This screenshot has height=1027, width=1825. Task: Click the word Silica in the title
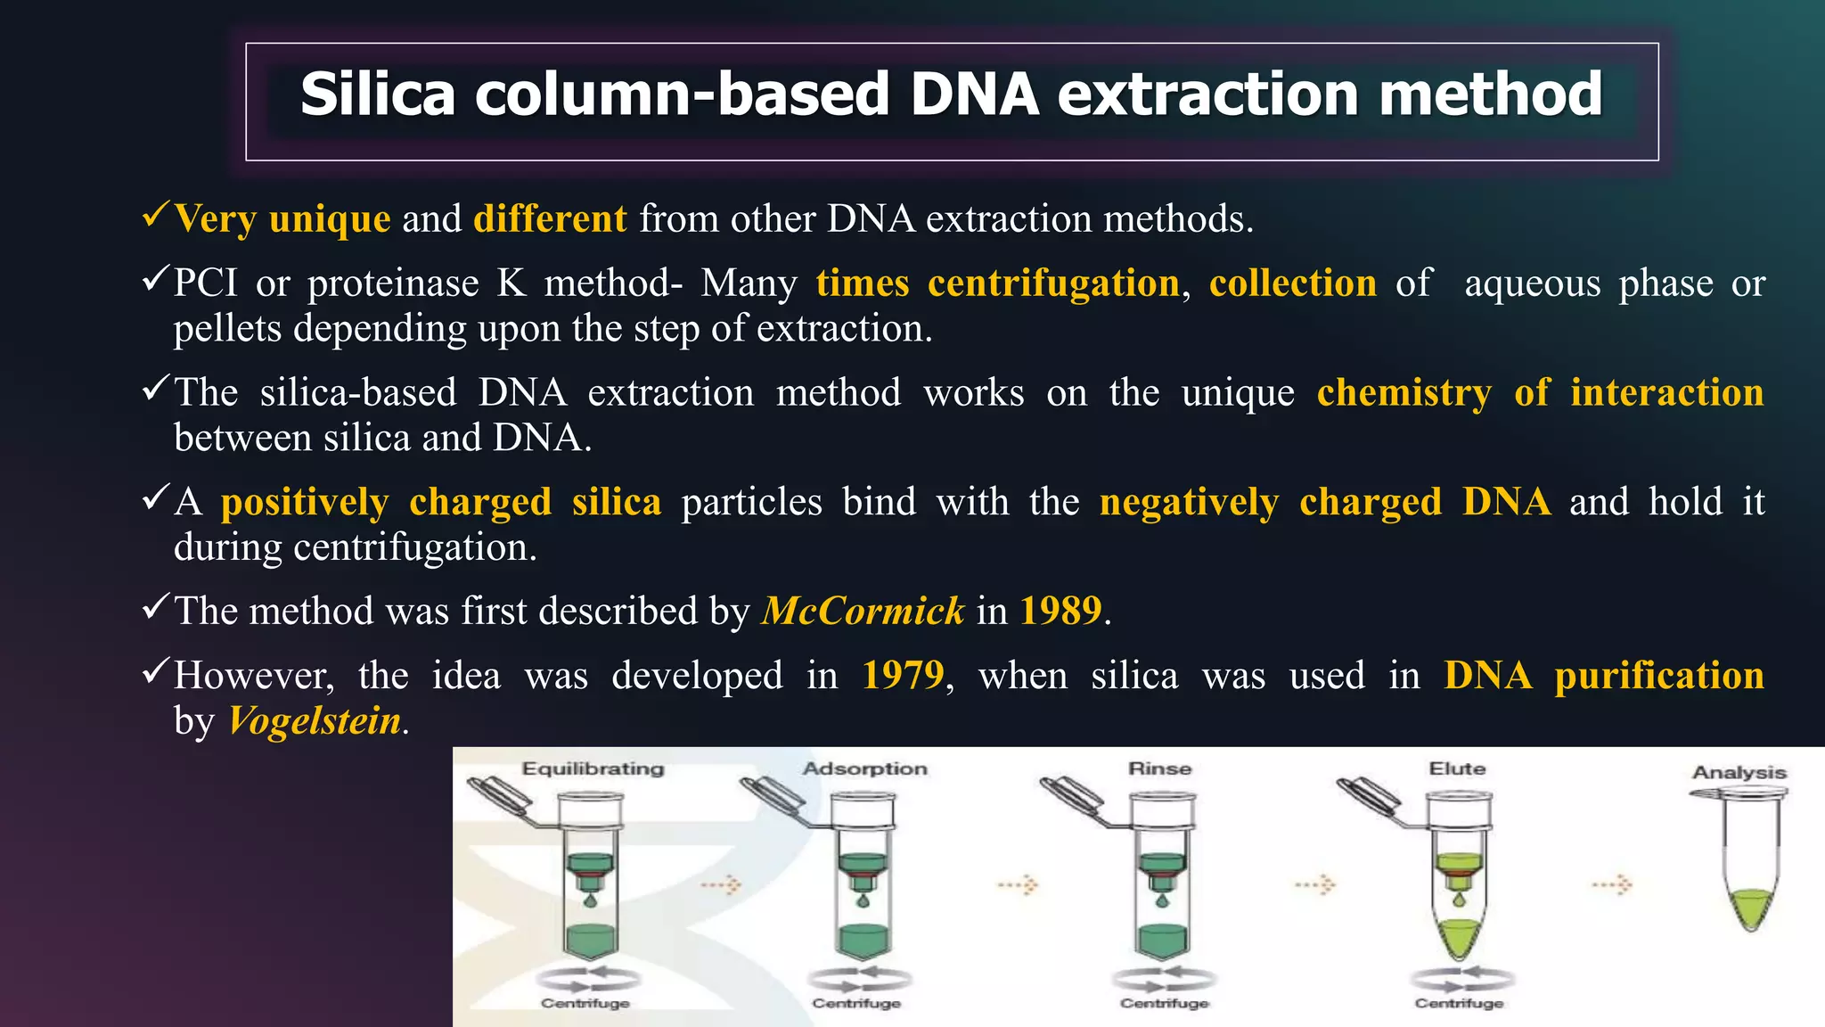click(378, 94)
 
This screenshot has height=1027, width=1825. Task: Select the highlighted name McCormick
click(863, 612)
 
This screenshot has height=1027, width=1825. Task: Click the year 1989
click(1060, 612)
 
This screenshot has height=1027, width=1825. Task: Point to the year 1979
click(903, 676)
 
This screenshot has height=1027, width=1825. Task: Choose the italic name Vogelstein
click(315, 721)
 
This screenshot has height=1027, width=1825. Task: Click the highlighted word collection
click(1292, 283)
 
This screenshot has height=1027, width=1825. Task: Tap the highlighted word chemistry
click(1404, 393)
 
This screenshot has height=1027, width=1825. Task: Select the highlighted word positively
click(305, 502)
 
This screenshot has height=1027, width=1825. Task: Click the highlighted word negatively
click(1190, 502)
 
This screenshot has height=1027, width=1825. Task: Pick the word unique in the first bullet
click(330, 219)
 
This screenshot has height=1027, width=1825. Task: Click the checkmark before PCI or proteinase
click(155, 281)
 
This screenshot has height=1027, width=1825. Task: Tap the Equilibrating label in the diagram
click(593, 768)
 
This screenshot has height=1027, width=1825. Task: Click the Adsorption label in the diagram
click(864, 768)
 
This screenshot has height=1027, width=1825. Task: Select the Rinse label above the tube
click(1159, 768)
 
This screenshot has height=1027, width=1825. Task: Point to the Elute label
click(1457, 768)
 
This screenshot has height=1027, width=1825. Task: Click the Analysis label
click(1739, 772)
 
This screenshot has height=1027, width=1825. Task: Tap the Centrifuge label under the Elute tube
click(1459, 1003)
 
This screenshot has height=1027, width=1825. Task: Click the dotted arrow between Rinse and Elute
click(1315, 885)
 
